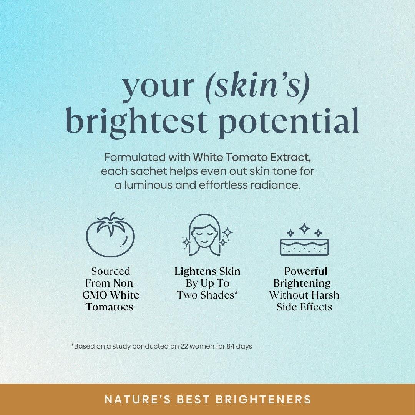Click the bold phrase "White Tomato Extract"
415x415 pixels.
click(x=251, y=158)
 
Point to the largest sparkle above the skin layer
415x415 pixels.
click(x=304, y=229)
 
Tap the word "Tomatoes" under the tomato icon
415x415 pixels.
click(x=110, y=307)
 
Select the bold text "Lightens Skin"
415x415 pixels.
click(x=207, y=271)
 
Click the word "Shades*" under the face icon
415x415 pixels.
click(x=221, y=295)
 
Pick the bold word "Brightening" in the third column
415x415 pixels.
click(x=302, y=283)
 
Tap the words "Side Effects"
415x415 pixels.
click(x=304, y=307)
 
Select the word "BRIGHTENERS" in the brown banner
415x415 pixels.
click(x=264, y=399)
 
